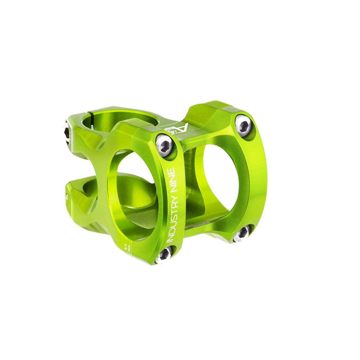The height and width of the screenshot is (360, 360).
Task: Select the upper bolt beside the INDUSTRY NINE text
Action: tap(164, 144)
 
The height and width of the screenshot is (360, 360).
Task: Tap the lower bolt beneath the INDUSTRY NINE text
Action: tap(164, 255)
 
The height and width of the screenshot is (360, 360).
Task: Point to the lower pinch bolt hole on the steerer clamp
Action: tap(67, 196)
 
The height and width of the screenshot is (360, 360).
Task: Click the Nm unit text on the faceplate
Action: tap(128, 250)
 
